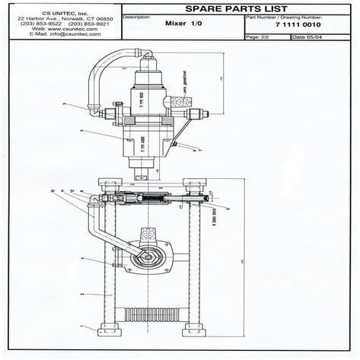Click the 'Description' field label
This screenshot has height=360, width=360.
136,16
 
